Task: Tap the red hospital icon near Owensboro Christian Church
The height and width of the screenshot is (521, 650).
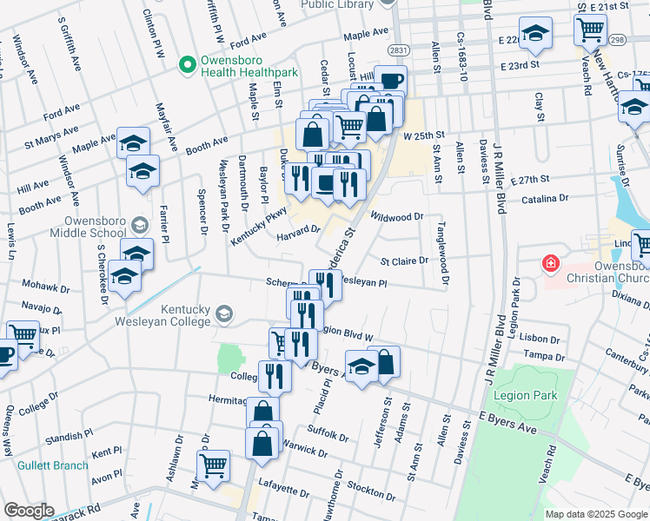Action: pos(548,262)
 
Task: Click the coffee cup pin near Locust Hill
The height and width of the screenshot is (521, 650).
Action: pos(389,82)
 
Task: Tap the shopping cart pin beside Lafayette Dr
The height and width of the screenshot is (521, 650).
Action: pos(214,465)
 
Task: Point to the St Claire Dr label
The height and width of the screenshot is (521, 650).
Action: pos(405,260)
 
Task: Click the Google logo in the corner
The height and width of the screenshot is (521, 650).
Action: pos(29,511)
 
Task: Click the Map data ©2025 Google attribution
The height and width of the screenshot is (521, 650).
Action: pos(595,514)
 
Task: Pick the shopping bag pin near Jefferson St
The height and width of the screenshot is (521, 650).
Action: pos(384,362)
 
